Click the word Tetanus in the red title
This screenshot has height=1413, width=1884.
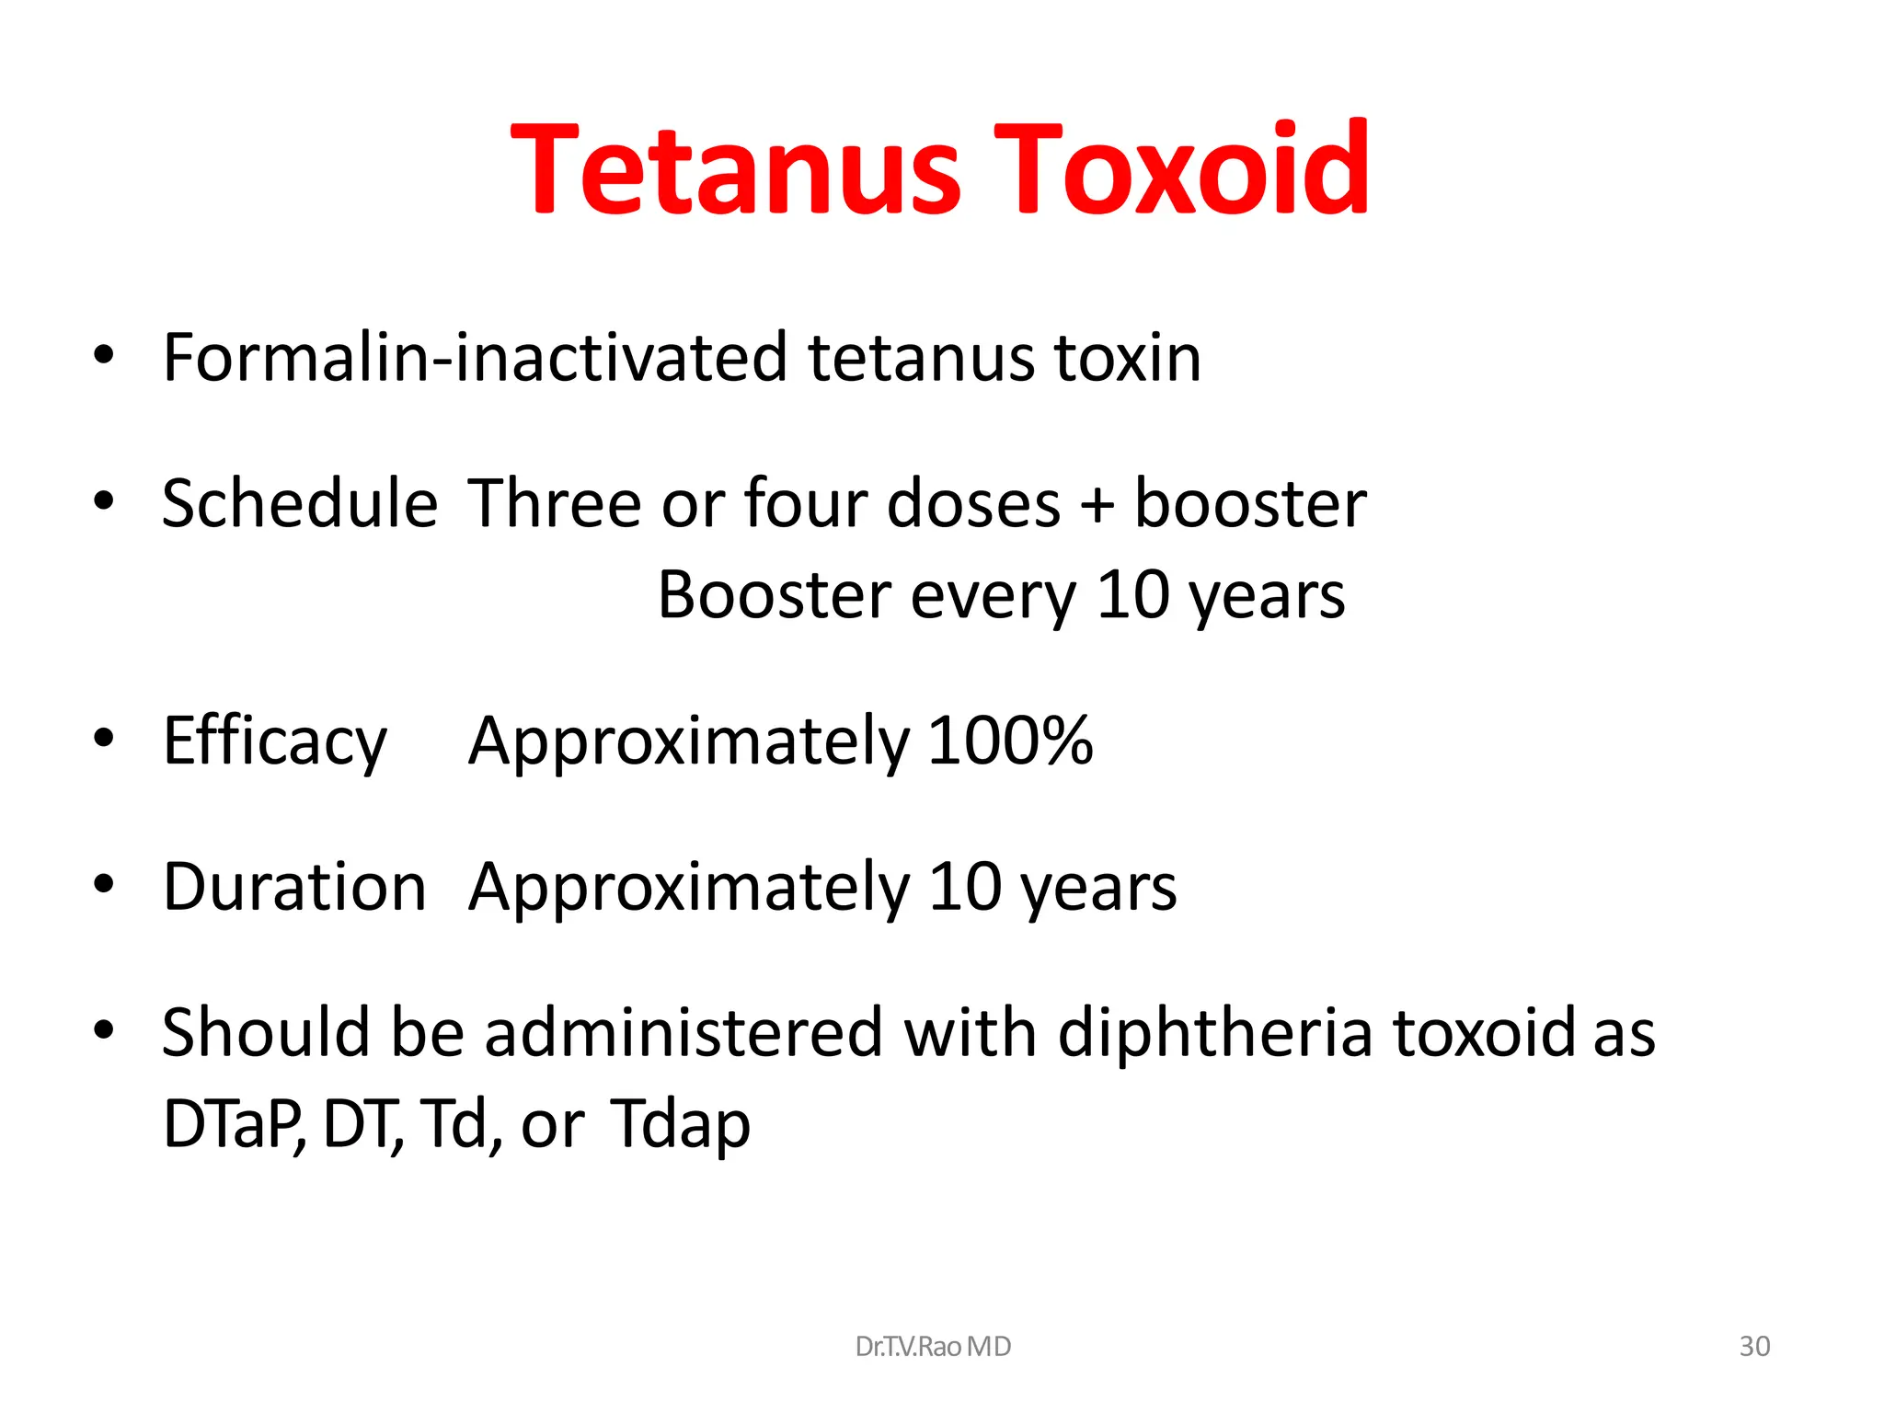click(736, 170)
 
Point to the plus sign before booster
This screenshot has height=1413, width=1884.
click(1097, 506)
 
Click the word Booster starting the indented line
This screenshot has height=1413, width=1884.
click(774, 595)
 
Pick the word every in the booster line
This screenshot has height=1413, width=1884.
click(993, 598)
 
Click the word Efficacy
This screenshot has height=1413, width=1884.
click(275, 742)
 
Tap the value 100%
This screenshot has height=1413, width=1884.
click(1010, 741)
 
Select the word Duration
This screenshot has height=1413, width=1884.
click(294, 887)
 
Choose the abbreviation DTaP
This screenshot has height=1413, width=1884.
click(232, 1124)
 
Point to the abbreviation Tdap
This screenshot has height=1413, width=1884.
click(680, 1124)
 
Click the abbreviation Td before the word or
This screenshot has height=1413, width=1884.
click(454, 1124)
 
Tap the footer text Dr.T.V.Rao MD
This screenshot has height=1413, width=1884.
click(932, 1347)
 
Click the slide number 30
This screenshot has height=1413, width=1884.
click(1754, 1347)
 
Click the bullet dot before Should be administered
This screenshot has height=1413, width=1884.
click(104, 1029)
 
